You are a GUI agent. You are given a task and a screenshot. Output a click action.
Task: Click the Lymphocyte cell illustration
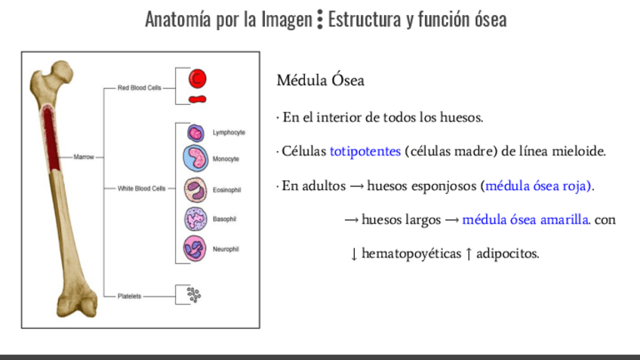pos(195,134)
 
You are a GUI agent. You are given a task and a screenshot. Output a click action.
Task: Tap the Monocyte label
pos(226,159)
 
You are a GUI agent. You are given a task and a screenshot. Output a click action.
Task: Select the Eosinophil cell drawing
pos(195,189)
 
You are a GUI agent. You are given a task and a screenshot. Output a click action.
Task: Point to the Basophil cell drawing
pos(195,218)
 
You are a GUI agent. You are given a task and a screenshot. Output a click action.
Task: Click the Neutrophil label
pos(226,249)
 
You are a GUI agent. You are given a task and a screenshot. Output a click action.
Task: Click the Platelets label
pos(129,297)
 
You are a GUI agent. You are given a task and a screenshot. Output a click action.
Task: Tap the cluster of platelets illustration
pos(194,295)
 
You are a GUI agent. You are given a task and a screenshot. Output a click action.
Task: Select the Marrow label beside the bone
pos(83,157)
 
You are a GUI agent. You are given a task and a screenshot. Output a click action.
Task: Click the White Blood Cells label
pos(141,189)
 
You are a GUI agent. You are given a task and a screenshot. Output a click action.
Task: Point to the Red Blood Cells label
pos(140,88)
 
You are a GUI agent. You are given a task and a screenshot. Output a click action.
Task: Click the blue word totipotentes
pos(365,151)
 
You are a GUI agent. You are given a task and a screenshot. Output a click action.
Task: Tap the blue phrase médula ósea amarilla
pos(525,220)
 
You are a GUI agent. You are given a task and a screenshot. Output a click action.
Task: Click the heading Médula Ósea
pos(321,80)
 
